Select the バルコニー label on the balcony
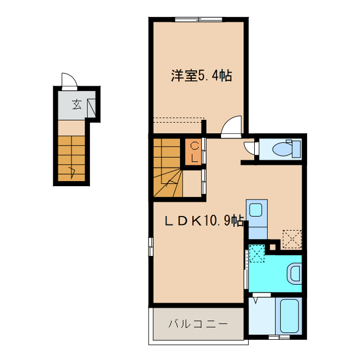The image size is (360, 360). [197, 325]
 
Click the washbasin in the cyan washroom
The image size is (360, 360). [294, 274]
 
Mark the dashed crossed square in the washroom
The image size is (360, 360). [257, 253]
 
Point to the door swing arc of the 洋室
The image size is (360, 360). [231, 126]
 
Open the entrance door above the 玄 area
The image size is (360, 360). [67, 82]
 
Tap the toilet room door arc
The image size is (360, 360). [249, 147]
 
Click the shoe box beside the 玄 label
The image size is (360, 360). [92, 107]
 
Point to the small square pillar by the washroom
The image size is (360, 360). [273, 246]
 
